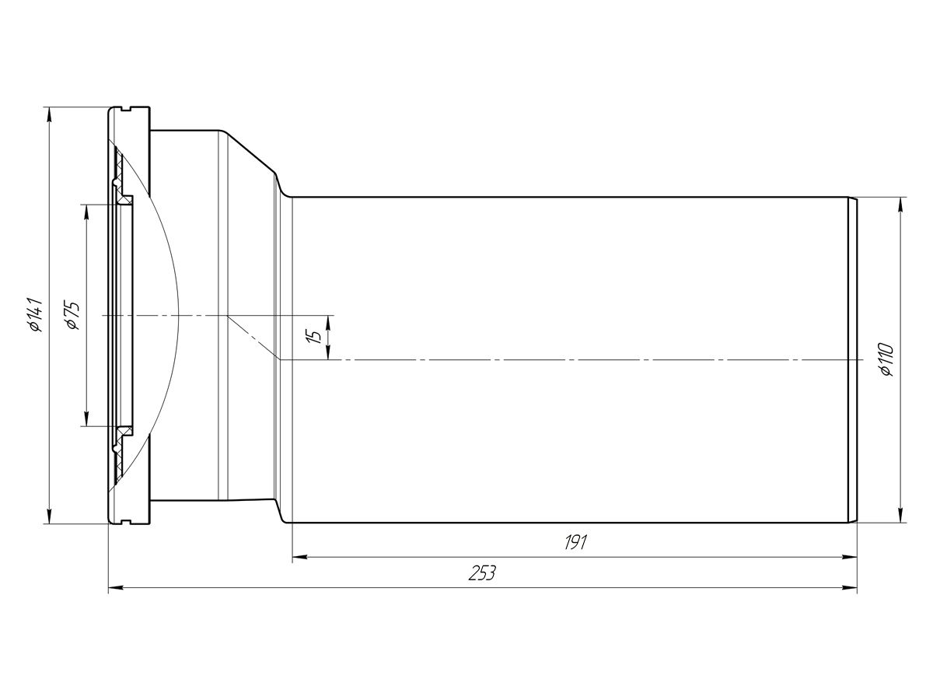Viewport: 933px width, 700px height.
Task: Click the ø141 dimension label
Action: coord(36,314)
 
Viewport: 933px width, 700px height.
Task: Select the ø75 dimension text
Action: coord(72,315)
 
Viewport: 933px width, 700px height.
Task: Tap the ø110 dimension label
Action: coord(887,359)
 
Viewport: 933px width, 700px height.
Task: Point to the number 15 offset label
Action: coord(315,337)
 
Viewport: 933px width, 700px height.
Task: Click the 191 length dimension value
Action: coord(575,543)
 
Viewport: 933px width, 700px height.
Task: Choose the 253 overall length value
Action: coord(482,573)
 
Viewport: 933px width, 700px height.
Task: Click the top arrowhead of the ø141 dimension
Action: coord(50,114)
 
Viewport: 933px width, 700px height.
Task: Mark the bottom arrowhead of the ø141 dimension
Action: coord(50,516)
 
